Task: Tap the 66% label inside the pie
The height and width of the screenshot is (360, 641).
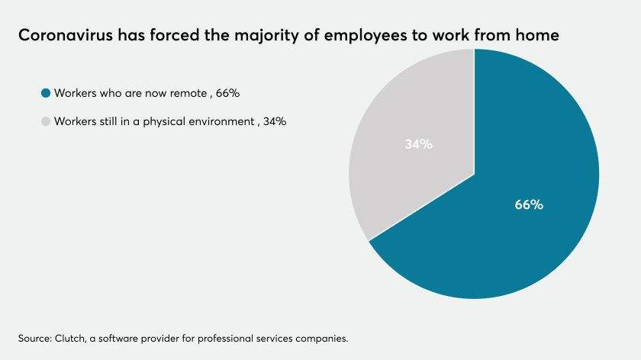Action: coord(529,204)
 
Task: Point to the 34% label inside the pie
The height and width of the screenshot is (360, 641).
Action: coord(418,144)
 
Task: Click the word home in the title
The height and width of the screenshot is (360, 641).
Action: coord(545,35)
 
